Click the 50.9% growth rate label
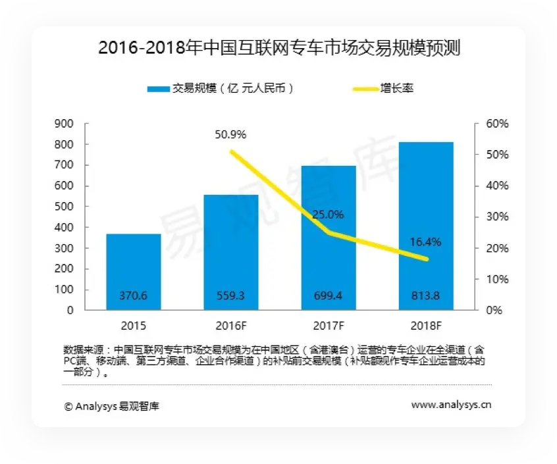tap(230, 135)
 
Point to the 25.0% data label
tap(329, 215)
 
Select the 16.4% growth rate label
tap(425, 242)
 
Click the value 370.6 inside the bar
tap(134, 297)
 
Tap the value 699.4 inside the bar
tap(329, 297)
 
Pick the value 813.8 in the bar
tap(426, 297)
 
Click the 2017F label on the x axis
tap(329, 326)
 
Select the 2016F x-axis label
tap(231, 326)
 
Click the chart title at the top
tap(278, 48)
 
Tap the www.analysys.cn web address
tap(451, 405)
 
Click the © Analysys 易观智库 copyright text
tap(111, 406)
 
